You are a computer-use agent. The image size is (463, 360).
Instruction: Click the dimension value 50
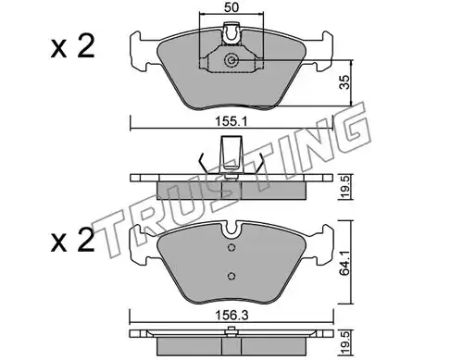click(x=231, y=7)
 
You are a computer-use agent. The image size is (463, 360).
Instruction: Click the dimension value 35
click(x=345, y=82)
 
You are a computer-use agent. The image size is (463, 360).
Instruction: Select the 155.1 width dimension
click(x=231, y=122)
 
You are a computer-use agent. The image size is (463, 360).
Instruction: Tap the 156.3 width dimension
click(x=232, y=316)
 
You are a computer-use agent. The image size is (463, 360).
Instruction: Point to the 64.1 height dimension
click(x=345, y=263)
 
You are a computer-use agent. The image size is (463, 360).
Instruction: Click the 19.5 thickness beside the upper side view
click(x=345, y=187)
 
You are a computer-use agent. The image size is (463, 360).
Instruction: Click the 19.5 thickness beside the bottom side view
click(x=345, y=342)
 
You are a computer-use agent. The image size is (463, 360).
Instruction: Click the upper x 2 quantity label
click(x=73, y=47)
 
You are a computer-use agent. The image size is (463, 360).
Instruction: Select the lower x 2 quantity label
click(x=73, y=241)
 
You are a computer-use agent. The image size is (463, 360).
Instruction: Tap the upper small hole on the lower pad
click(x=231, y=247)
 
